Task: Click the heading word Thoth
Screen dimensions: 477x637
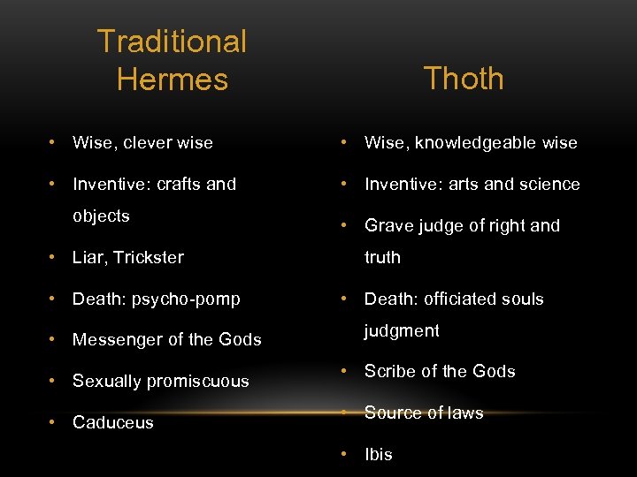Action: (x=464, y=79)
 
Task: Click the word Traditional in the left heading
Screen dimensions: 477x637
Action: (x=172, y=42)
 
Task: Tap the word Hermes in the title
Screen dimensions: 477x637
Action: (x=172, y=79)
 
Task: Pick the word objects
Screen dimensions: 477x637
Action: (x=101, y=216)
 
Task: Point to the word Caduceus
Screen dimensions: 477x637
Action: (x=113, y=423)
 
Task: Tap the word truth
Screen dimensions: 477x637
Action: (x=382, y=258)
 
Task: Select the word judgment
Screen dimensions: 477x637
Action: (x=402, y=331)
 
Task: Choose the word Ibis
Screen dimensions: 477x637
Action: (x=379, y=455)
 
